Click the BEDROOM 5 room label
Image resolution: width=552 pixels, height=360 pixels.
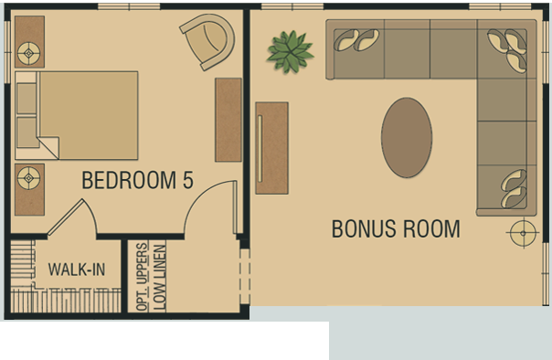coord(138,180)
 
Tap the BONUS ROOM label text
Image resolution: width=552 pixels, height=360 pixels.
coord(396,228)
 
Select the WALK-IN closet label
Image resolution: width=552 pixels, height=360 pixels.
coord(77,270)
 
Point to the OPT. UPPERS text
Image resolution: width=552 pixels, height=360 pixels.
coord(142,277)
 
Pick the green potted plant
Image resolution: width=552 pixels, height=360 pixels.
coord(290,52)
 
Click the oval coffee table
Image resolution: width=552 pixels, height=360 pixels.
coord(407,137)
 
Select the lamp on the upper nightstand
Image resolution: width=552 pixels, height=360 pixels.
coord(29,54)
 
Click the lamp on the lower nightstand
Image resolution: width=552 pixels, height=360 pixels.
coord(29,178)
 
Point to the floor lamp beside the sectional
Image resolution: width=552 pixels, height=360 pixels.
coord(523,233)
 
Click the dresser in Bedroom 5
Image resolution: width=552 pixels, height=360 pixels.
coord(228,120)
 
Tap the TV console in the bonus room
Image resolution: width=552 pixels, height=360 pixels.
coord(271,148)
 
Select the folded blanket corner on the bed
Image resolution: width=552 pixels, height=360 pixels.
coord(48,146)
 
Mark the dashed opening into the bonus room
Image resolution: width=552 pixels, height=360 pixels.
coord(245,277)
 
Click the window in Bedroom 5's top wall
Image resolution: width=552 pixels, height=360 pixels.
coord(129,6)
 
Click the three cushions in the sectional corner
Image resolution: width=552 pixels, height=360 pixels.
coord(507,49)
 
